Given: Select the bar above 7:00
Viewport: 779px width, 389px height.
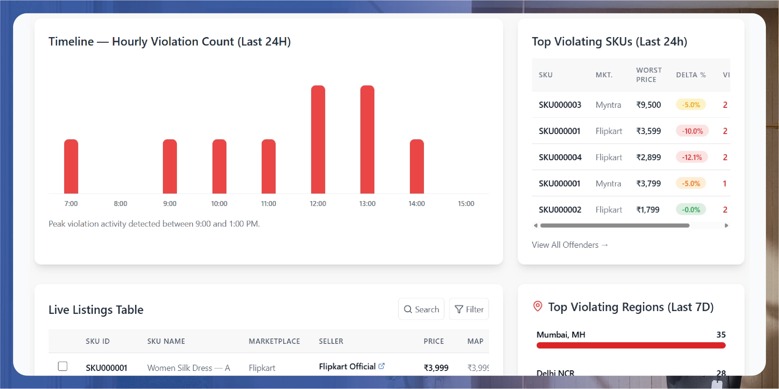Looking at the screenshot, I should click(71, 166).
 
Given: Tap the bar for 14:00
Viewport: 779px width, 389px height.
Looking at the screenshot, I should click(416, 166).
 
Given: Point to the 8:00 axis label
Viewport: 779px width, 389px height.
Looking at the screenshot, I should click(120, 204).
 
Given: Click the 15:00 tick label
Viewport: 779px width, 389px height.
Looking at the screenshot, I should click(466, 204).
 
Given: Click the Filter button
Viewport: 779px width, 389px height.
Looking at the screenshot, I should click(469, 309).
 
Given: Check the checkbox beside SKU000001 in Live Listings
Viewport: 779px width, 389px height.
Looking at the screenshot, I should click(63, 366).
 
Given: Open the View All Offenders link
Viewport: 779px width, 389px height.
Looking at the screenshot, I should click(569, 245).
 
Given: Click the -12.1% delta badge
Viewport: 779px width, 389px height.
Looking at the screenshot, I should click(691, 157).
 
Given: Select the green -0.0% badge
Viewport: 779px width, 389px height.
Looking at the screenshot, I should click(691, 209).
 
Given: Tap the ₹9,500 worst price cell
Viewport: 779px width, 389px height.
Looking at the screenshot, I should click(648, 105).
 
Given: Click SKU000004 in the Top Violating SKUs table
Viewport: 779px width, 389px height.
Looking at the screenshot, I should click(560, 157).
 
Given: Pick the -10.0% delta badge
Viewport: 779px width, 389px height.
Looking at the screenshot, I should click(692, 131).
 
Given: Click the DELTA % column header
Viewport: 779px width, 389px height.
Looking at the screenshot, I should click(691, 75).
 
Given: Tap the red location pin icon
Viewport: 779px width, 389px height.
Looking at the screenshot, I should click(538, 306).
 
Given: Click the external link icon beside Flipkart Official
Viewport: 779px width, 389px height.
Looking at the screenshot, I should click(382, 366).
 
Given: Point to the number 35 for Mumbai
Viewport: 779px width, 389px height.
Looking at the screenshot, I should click(721, 334).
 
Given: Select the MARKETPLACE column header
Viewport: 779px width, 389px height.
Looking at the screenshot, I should click(274, 341).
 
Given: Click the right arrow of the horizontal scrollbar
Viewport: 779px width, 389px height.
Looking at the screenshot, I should click(726, 225).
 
